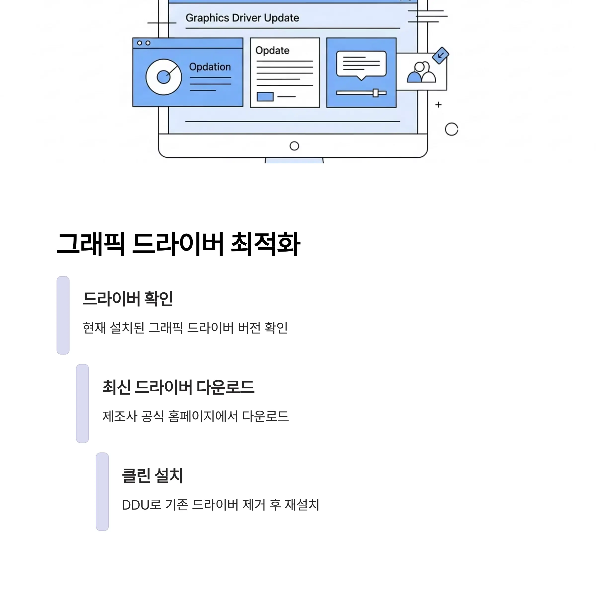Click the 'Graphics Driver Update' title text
pos(242,18)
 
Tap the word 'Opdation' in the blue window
pos(210,67)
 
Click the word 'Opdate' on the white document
pos(272,51)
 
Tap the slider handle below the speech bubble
pos(375,93)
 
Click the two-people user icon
pos(421,72)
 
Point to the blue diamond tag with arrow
pos(441,56)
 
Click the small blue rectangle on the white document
pos(265,97)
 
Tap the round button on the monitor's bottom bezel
pos(294,146)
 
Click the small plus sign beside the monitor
pos(438,105)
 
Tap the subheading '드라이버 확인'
pos(128,298)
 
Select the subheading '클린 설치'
pos(152,475)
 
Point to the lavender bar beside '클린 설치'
pos(102,492)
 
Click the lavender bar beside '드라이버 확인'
pos(63,315)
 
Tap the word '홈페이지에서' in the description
pos(203,416)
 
